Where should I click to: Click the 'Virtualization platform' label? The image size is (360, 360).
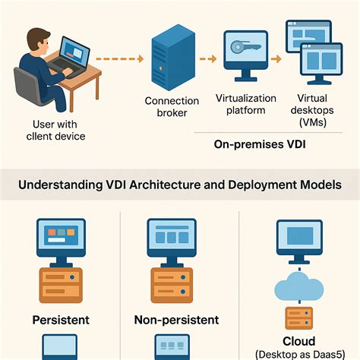[x=245, y=103]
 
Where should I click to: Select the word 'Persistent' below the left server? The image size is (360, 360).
[x=61, y=320]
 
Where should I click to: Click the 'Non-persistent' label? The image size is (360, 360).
[x=176, y=320]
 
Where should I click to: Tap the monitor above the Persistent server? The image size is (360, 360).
[x=61, y=235]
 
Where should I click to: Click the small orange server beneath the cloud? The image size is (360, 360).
[x=298, y=318]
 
